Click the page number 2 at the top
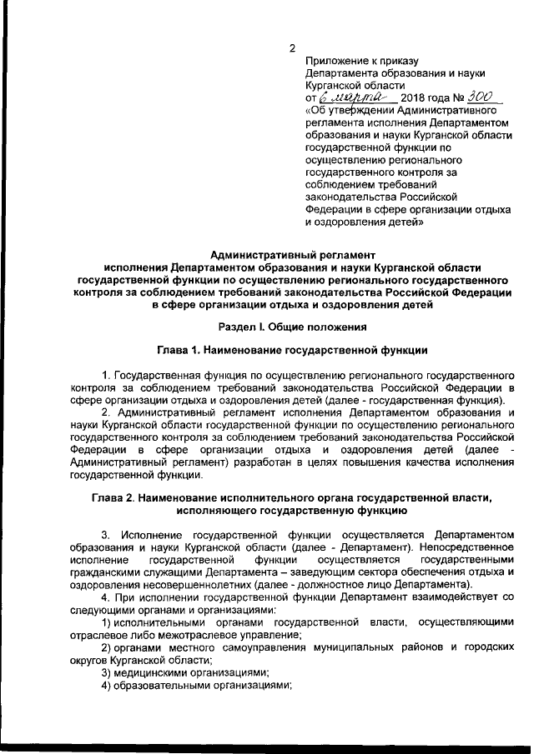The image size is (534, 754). [292, 47]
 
